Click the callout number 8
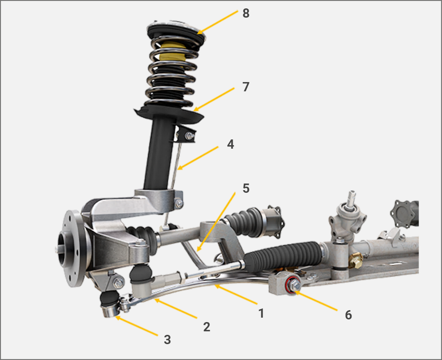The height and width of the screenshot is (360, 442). click(x=246, y=13)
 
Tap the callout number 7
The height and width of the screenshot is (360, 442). click(x=246, y=87)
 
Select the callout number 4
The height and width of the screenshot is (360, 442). click(x=230, y=144)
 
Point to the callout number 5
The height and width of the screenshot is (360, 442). click(x=246, y=188)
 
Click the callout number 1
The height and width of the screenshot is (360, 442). click(x=261, y=313)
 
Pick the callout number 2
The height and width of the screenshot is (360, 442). click(x=207, y=327)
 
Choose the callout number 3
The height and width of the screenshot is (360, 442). click(x=167, y=340)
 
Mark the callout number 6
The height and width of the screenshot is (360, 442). click(x=348, y=315)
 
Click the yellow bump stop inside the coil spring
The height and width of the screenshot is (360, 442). click(x=172, y=53)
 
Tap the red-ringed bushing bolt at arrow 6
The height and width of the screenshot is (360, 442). click(x=293, y=285)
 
